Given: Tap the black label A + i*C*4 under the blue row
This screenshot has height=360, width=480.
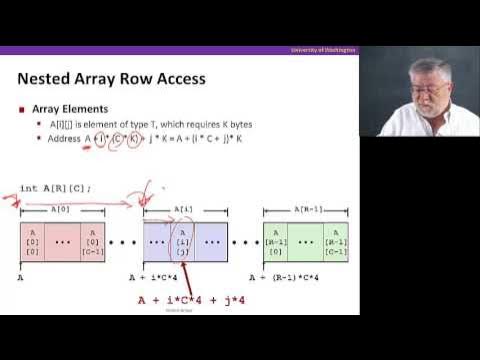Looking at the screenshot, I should pos(155,277).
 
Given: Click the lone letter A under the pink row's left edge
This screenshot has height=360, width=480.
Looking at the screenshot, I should pos(20,277).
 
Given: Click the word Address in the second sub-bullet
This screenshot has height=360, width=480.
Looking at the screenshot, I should pos(65,138).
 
